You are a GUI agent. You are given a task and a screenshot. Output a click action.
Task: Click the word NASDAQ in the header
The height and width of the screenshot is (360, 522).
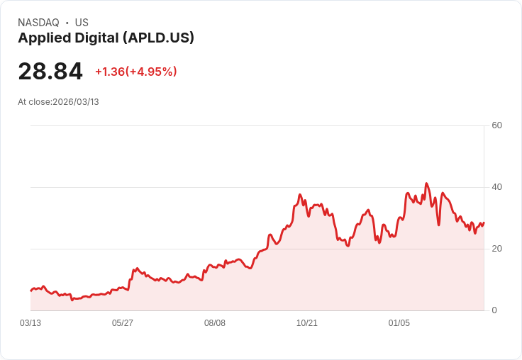38,23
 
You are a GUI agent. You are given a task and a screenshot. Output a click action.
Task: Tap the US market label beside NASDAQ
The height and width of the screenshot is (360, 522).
82,23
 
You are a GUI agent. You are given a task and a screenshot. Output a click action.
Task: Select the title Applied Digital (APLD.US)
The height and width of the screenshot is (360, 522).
106,38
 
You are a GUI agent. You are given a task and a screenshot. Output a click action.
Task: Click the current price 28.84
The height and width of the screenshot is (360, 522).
50,72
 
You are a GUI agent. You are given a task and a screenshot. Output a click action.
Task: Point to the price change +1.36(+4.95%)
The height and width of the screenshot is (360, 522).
135,72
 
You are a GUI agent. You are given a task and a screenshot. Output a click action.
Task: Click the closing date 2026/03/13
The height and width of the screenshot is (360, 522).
76,102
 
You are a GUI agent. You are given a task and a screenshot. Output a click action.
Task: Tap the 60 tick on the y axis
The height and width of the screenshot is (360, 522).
496,125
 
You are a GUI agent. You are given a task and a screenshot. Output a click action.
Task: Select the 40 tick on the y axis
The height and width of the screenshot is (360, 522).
496,187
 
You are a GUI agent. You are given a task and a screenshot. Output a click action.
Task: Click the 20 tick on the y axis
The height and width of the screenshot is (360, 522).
496,249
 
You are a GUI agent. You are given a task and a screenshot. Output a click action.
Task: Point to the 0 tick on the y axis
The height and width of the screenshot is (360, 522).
494,310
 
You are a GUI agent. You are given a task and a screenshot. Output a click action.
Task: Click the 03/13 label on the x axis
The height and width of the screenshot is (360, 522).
30,323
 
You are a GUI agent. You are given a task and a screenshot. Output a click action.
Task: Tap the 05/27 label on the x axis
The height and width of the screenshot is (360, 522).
123,323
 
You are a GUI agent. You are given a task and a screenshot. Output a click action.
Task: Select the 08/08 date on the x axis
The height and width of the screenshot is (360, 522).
215,323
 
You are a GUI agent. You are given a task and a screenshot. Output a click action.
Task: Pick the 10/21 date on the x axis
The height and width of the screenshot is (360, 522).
307,323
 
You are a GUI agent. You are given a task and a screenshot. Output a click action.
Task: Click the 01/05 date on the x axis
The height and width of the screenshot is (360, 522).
399,323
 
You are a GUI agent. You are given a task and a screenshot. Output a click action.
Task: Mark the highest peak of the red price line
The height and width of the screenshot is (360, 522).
426,184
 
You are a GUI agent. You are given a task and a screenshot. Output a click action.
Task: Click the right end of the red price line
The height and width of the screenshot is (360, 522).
484,223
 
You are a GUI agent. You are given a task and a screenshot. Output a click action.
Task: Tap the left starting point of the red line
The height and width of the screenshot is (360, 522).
31,291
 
